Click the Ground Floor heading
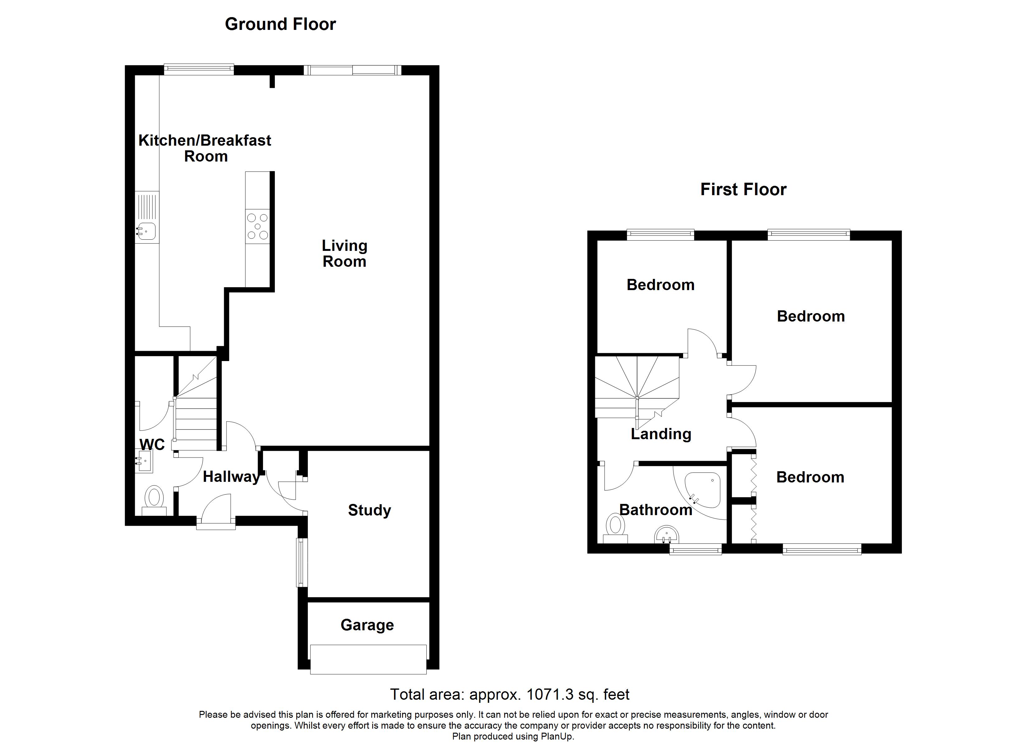click(x=280, y=24)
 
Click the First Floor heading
click(x=743, y=189)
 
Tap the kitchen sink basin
click(x=148, y=231)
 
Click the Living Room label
click(x=344, y=253)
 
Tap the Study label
click(x=369, y=510)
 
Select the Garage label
click(x=367, y=625)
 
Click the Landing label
click(x=661, y=434)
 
